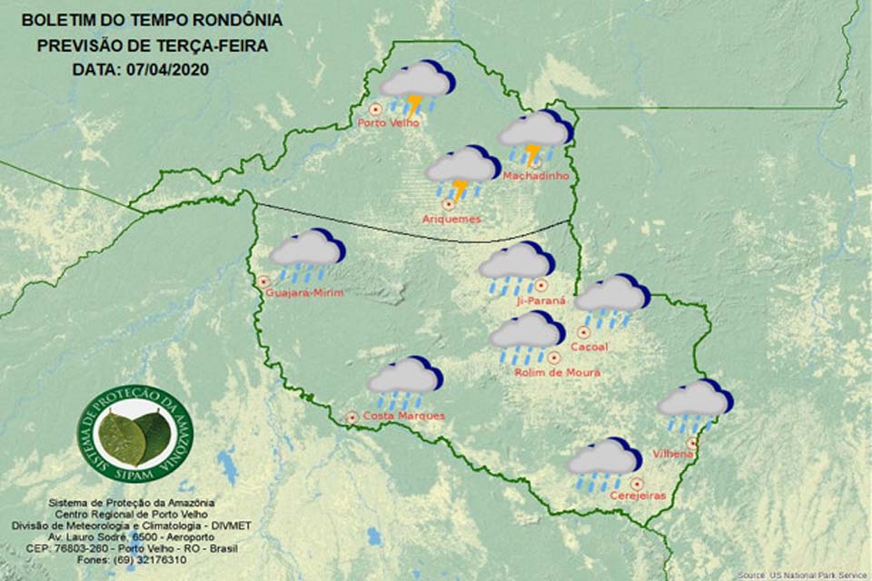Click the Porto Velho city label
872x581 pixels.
coord(389,123)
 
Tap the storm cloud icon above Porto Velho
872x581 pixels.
coord(417,87)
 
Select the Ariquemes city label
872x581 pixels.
coord(451,219)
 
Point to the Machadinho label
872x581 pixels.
coord(536,175)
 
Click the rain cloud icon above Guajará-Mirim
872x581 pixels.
coord(307,255)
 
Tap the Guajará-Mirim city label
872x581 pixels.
coord(304,292)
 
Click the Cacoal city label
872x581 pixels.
coord(589,347)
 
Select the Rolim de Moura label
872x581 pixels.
coord(557,372)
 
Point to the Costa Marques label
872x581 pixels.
coord(403,416)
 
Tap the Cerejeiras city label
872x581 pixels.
coord(639,496)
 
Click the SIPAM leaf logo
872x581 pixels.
coord(134,435)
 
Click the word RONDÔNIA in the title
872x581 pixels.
coord(233,20)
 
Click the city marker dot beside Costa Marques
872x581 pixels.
coord(352,418)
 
